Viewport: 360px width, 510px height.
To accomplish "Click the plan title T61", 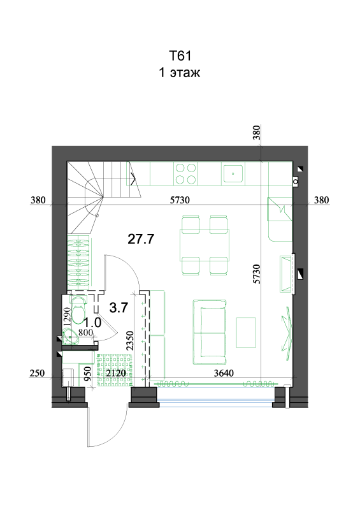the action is [180, 56].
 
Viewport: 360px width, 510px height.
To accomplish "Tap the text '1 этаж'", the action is [179, 72].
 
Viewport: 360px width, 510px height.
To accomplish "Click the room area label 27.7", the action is [141, 239].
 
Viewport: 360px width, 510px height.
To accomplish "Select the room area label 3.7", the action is [119, 307].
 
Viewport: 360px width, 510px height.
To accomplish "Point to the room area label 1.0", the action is [92, 323].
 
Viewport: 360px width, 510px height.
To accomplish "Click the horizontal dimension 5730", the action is [180, 200].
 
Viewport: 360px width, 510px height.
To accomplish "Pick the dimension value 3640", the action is [224, 373].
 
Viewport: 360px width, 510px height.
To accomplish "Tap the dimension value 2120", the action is [116, 373].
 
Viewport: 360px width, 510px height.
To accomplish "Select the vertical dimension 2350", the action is [130, 340].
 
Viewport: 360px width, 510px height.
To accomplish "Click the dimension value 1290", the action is [67, 317].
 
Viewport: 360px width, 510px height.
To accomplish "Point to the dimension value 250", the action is [37, 373].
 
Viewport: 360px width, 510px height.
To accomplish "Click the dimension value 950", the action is [88, 374].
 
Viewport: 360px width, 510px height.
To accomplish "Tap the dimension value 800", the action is [85, 332].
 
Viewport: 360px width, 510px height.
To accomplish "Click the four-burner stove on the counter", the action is [185, 173].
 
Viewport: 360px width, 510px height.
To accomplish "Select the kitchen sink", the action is [233, 173].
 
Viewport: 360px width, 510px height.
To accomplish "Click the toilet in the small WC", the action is [78, 310].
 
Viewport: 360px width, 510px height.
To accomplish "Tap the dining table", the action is [205, 245].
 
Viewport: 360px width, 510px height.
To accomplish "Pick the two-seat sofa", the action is [210, 332].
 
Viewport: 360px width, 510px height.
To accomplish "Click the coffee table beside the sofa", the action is [246, 333].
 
